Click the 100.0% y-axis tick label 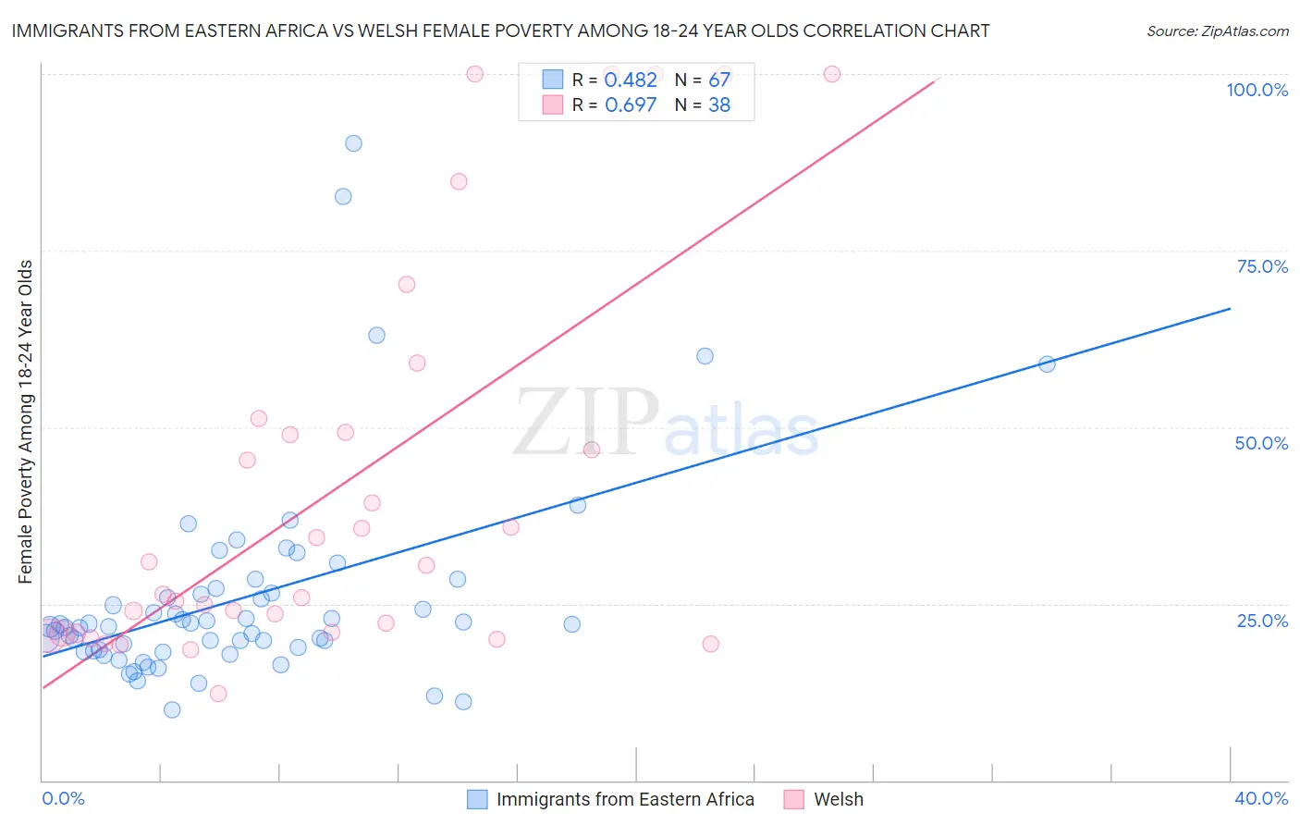coord(1257,90)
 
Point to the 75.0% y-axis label coord(1262,266)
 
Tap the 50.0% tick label coord(1261,444)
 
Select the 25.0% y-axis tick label coord(1262,621)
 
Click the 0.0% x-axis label coord(63,798)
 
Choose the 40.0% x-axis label coord(1261,798)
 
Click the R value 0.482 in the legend coord(631,80)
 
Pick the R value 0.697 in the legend coord(631,105)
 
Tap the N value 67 coord(719,80)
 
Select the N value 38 coord(719,105)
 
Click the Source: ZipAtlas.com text coord(1218,31)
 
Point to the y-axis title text coord(26,422)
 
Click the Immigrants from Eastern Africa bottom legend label coord(626,799)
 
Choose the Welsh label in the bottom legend coord(839,799)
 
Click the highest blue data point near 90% coord(353,143)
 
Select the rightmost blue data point coord(1047,364)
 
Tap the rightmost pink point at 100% coord(831,74)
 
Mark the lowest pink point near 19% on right coord(710,644)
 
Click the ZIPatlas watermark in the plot coord(666,422)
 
